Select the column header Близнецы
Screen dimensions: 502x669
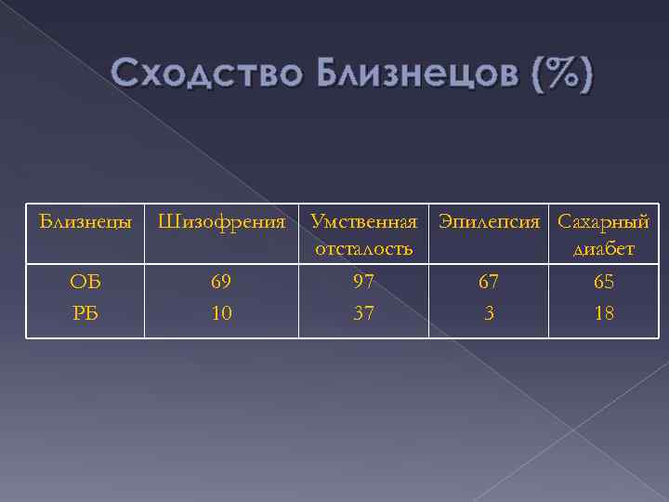tap(85, 222)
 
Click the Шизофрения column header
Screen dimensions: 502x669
tap(221, 222)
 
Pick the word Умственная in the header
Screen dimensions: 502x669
tap(364, 222)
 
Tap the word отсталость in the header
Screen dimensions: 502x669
tap(364, 249)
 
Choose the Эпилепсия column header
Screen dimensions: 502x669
tap(490, 222)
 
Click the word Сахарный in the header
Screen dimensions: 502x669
tap(603, 222)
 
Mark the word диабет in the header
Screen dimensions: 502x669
tap(605, 249)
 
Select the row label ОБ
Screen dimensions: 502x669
tap(85, 282)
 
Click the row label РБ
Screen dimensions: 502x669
tap(85, 313)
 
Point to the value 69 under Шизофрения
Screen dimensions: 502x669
tap(221, 282)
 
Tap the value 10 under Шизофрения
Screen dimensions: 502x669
tap(221, 313)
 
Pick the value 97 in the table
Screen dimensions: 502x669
tap(364, 282)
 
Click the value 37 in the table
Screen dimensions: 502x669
tap(364, 313)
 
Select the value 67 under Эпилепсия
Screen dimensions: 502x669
tap(490, 282)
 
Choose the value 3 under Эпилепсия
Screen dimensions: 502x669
tap(490, 313)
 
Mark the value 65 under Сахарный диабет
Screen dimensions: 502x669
tap(604, 282)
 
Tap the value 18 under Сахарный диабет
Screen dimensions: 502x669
tap(604, 313)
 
